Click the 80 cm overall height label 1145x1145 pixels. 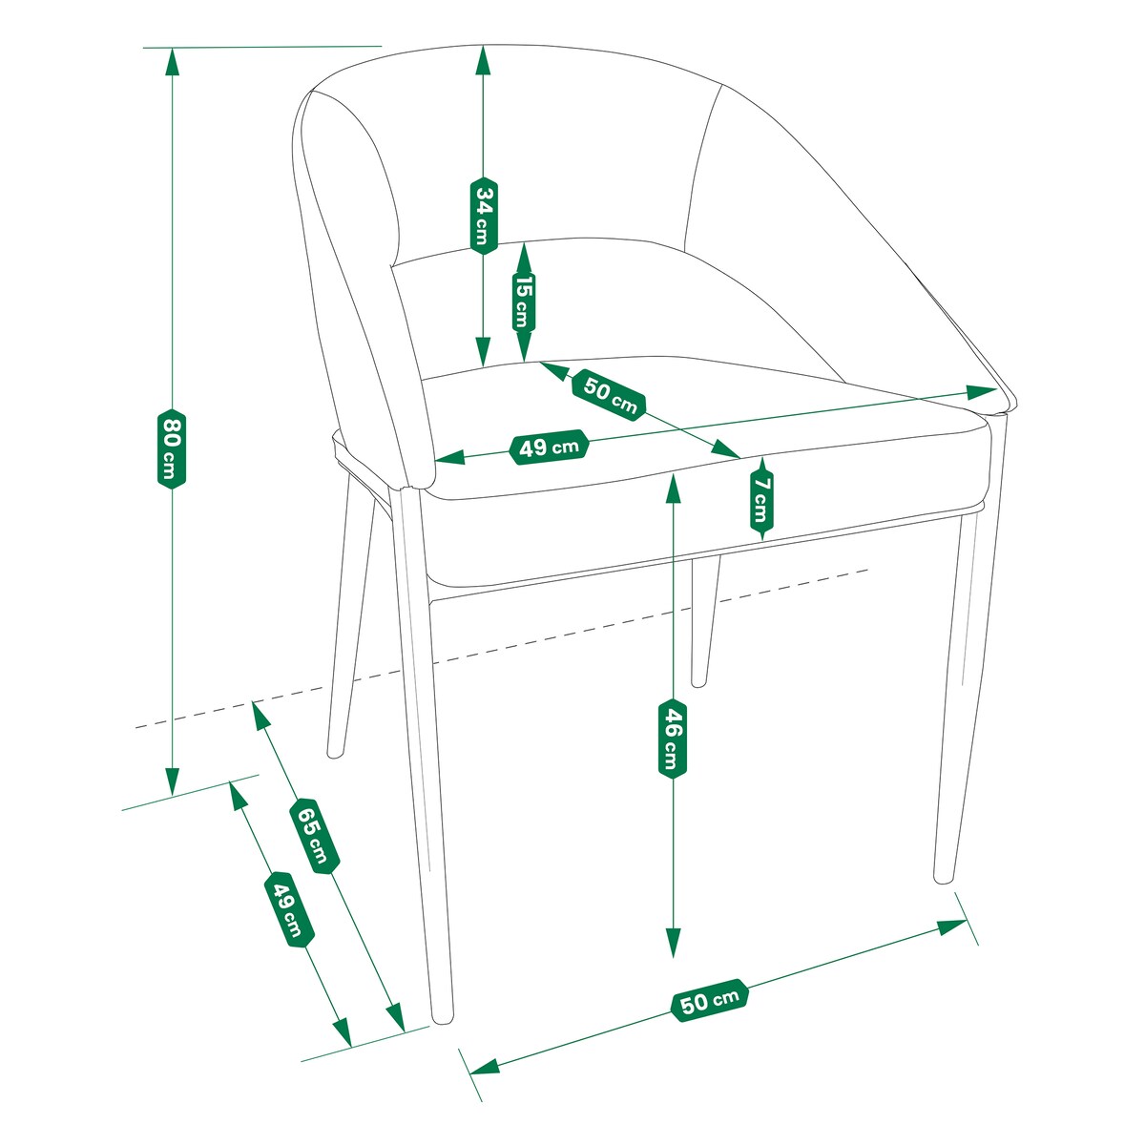coord(172,448)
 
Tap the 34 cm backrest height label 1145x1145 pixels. coord(485,215)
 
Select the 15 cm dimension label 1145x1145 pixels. coord(524,302)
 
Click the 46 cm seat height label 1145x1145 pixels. coord(673,739)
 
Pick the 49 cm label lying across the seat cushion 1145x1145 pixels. coord(549,447)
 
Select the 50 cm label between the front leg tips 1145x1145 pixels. coord(710,1001)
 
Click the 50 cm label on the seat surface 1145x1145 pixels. coord(609,395)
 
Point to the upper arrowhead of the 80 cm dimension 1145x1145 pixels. coord(173,61)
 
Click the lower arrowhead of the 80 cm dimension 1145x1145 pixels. coord(173,781)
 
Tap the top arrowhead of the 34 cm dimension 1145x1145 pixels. coord(483,59)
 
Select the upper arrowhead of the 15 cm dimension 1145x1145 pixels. coord(524,256)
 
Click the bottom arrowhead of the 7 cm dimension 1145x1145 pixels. coord(762,533)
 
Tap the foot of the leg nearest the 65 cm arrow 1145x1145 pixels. coord(442,1017)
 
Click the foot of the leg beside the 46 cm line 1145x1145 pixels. coord(699,681)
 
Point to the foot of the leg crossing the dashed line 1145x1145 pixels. coord(336,753)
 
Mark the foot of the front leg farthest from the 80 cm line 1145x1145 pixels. coord(943,877)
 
